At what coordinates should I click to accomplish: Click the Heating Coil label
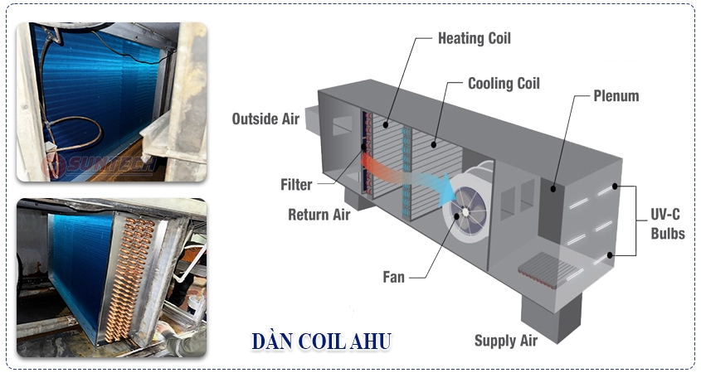point(474,38)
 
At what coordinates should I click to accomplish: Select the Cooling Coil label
point(504,84)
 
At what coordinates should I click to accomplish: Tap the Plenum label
point(616,96)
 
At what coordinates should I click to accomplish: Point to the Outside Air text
point(265,119)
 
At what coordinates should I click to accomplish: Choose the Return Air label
point(319,215)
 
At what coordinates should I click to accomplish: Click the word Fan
point(393,277)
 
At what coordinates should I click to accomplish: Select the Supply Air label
point(505,341)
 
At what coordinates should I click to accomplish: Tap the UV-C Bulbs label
point(667,224)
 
